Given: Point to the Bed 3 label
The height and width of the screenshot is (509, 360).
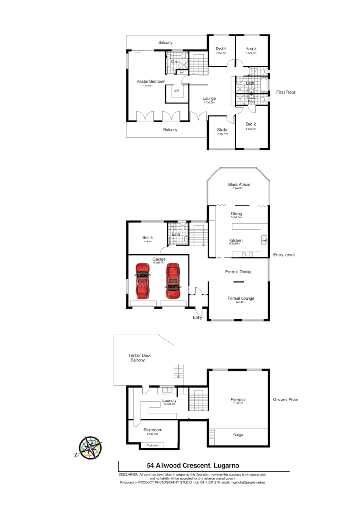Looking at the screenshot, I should point(251,48).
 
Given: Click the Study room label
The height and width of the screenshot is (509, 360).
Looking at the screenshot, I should point(222,130).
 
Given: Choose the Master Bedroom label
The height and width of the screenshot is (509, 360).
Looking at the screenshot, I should point(150,82).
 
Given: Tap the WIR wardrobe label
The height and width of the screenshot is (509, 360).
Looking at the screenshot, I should point(176,90).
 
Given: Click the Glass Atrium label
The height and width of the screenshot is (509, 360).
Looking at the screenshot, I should point(239,184).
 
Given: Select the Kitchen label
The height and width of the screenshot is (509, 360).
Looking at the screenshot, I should point(236,240).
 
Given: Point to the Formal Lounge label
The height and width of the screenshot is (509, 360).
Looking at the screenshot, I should point(241,298).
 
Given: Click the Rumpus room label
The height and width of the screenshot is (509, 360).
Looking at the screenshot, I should point(238,399).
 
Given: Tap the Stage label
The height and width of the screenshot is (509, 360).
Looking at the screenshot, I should point(238,435).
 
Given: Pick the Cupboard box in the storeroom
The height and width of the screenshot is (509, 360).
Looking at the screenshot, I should point(152,446).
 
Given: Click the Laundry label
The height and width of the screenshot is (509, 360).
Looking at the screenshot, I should point(170,400).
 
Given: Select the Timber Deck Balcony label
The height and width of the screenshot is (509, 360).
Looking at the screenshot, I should point(137,358).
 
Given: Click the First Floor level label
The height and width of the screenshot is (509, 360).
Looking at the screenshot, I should point(286,92).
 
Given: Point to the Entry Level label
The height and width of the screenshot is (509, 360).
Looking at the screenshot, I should point(284,255).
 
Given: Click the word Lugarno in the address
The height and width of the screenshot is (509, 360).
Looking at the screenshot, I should point(223,465).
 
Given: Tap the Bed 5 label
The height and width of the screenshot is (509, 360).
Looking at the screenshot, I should point(148,238).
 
